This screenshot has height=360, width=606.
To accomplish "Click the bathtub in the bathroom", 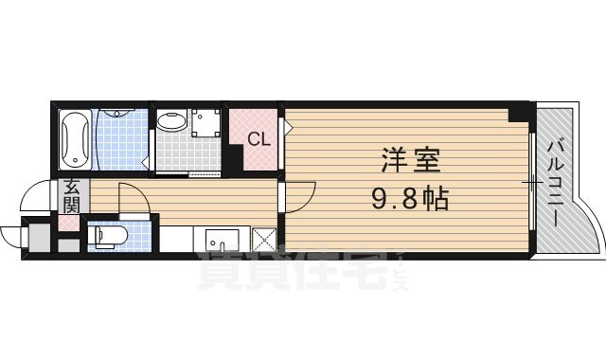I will (x=75, y=137).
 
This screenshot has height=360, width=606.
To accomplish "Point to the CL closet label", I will (x=258, y=138).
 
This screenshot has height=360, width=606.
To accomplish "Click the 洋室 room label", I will (x=409, y=160).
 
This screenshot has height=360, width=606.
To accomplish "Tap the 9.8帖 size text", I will (x=409, y=199).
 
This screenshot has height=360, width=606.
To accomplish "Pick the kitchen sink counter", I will (x=220, y=240).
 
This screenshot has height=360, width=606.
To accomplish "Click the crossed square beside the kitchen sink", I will (x=264, y=240).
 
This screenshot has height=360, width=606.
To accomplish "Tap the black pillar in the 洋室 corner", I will (x=518, y=114).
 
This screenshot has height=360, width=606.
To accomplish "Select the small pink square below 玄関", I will (x=69, y=225).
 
